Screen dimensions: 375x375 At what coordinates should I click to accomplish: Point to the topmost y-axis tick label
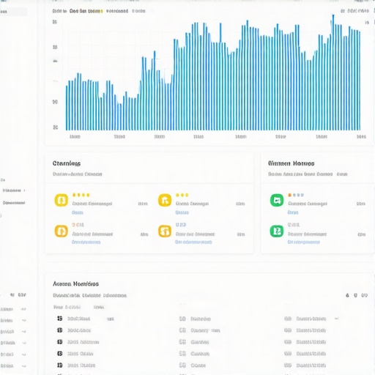point(55,23)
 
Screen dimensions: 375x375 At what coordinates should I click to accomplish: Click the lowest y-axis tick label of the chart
point(55,127)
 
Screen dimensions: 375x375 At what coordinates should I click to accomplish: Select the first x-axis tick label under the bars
point(74,136)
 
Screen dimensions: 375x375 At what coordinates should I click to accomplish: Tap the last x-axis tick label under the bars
point(360,136)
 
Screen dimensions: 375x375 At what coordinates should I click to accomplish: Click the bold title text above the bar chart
point(86,12)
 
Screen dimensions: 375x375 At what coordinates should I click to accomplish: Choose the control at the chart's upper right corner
point(357,12)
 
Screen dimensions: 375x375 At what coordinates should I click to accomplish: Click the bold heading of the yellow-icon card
point(67,163)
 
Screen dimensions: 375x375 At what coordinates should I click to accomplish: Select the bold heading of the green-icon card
point(291,163)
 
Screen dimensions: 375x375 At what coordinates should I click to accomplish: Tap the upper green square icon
point(277,200)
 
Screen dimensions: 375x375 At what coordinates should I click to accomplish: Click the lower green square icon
point(277,231)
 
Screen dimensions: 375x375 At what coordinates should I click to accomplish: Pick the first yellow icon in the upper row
point(62,200)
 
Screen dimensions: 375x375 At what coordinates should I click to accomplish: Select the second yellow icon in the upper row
point(165,200)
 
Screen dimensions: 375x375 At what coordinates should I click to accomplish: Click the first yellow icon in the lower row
point(62,231)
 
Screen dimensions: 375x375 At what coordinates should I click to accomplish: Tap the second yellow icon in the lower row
point(165,231)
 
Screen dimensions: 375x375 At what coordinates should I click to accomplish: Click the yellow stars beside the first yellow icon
point(81,196)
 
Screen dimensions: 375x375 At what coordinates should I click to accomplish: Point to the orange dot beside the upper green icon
point(290,196)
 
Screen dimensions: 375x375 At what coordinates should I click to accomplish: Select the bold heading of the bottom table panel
point(75,283)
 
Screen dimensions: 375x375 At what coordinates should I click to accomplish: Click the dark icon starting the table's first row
point(59,319)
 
